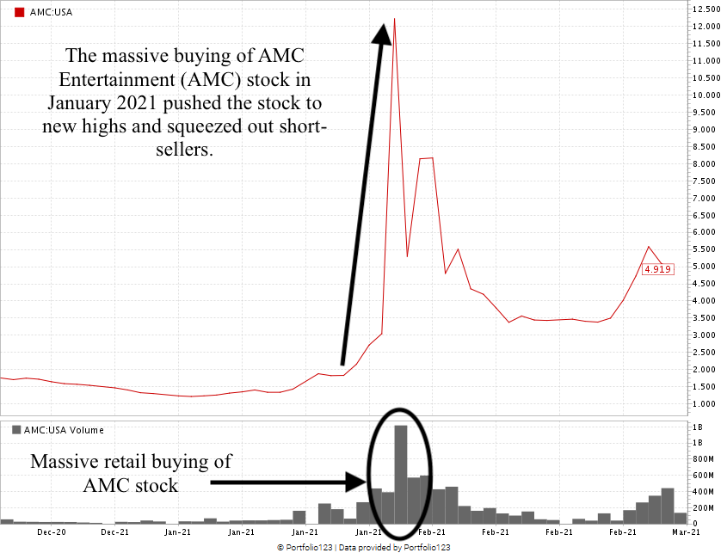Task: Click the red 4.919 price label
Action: (657, 268)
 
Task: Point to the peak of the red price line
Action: (394, 18)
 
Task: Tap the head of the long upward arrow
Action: (382, 30)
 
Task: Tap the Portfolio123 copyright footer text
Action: (363, 547)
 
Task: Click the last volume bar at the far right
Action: (680, 518)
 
